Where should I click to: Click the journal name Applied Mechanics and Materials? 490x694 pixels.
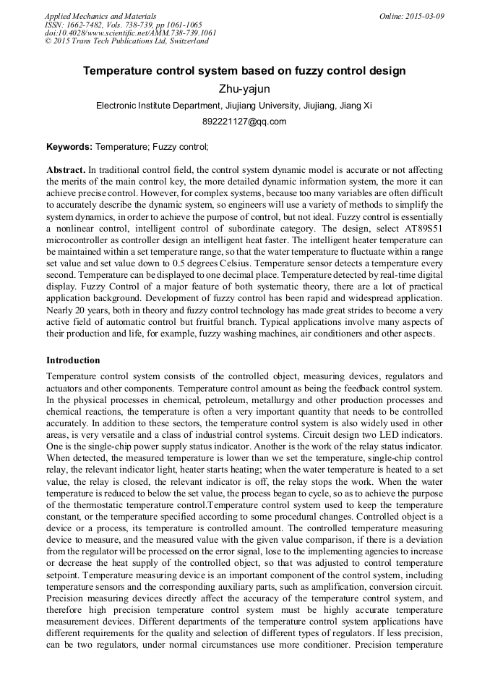[x=100, y=16]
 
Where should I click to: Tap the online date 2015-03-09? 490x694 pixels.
[x=421, y=16]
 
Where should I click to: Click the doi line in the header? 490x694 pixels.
[x=130, y=33]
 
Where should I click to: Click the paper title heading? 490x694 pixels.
[x=244, y=71]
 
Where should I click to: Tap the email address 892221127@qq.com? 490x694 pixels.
[x=244, y=122]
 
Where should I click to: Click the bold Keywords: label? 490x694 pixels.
[x=69, y=147]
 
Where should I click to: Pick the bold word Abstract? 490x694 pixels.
[x=66, y=169]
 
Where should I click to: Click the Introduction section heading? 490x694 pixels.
[x=73, y=360]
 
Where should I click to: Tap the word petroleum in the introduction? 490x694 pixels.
[x=218, y=399]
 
